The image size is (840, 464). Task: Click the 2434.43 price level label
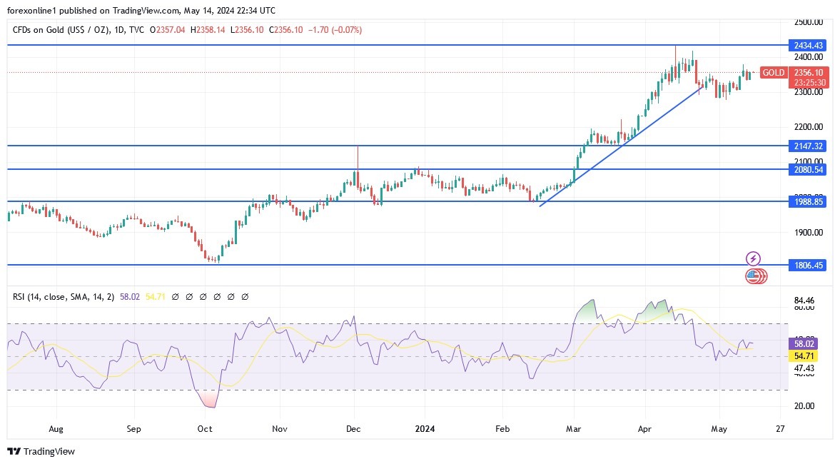coord(809,45)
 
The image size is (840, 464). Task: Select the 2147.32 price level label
coord(809,146)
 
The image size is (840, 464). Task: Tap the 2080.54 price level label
coord(809,169)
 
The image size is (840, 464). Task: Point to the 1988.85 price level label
coord(809,202)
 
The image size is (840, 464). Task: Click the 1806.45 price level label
coord(809,265)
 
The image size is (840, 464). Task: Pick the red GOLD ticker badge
coord(773,73)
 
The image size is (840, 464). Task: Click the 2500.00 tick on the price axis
coord(809,22)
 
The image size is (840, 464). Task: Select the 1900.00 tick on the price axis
coord(809,233)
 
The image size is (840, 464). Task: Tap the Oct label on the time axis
coord(205,429)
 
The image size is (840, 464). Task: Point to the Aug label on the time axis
coord(56,429)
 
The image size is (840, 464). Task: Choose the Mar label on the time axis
coord(573,429)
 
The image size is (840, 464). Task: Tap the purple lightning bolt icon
coord(753,258)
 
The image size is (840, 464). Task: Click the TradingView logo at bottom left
coord(41,451)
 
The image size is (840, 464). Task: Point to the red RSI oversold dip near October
coord(208,400)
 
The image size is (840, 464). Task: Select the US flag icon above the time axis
coord(752,276)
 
